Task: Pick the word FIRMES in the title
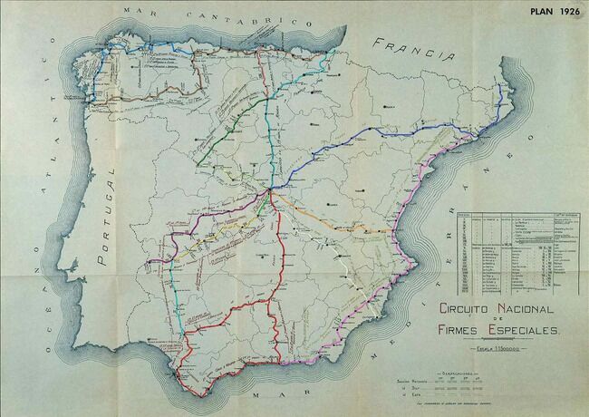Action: click(x=463, y=330)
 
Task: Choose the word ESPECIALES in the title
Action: click(x=526, y=330)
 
